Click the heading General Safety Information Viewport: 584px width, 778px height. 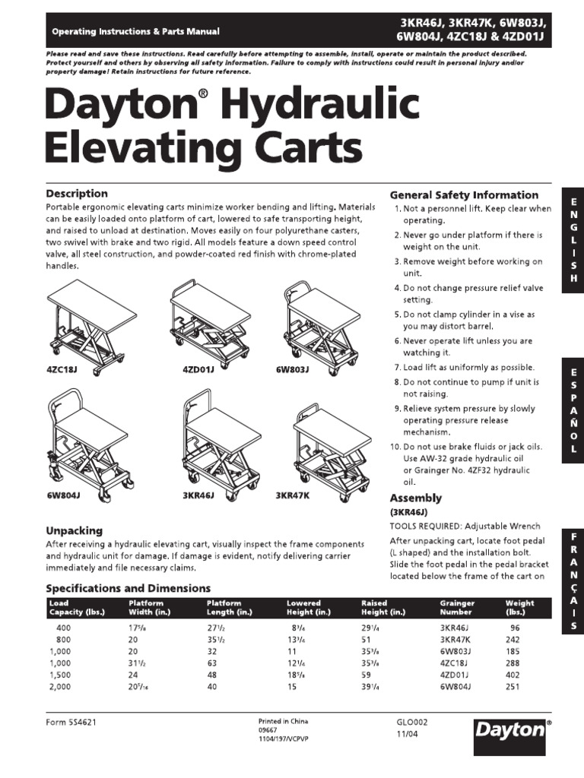pyautogui.click(x=464, y=194)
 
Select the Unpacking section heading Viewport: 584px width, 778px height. pyautogui.click(x=75, y=530)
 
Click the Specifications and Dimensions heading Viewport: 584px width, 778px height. pyautogui.click(x=129, y=588)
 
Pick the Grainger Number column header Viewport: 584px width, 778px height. pyautogui.click(x=458, y=607)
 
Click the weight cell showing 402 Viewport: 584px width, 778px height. pyautogui.click(x=516, y=675)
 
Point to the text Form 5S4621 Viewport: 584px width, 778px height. pyautogui.click(x=71, y=723)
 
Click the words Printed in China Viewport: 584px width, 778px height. pyautogui.click(x=284, y=720)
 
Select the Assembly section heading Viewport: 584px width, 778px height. pyautogui.click(x=415, y=498)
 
